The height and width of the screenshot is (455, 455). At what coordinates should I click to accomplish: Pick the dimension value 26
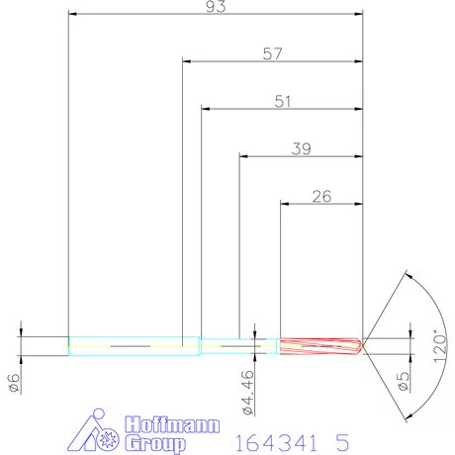320,196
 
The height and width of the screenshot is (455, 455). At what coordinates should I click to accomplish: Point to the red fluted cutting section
317,345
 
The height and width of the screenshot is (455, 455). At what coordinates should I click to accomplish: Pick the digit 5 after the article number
341,437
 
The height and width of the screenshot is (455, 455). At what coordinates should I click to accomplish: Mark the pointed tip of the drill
362,345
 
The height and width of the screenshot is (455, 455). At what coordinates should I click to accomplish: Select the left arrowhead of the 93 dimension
73,15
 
